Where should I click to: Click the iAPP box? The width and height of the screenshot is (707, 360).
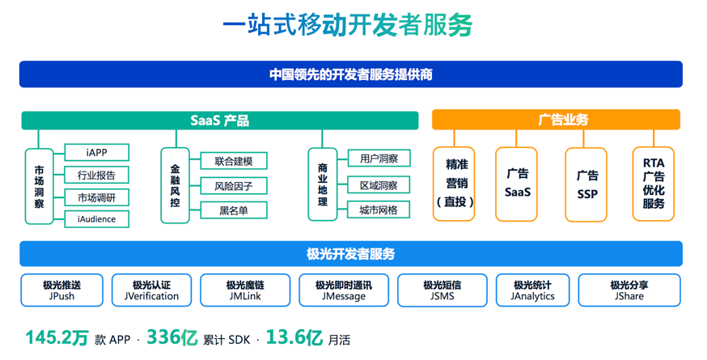click(x=96, y=153)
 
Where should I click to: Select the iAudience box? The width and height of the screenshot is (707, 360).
click(x=96, y=219)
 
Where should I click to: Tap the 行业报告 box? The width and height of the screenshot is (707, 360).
click(x=96, y=175)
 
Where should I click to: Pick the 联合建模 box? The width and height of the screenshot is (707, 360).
click(x=234, y=162)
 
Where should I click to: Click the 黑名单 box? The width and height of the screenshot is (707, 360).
click(x=234, y=210)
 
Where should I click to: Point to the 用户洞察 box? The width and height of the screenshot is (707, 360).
click(x=379, y=159)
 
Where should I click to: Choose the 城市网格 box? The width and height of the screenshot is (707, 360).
click(x=379, y=210)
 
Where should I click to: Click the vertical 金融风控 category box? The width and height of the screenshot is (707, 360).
click(x=175, y=184)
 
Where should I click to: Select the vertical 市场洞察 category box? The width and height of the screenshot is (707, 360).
click(x=39, y=187)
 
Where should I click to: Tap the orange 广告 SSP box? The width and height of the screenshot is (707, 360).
click(x=586, y=184)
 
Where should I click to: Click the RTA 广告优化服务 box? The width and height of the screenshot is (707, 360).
click(x=653, y=184)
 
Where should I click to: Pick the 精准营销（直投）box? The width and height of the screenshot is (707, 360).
click(x=454, y=184)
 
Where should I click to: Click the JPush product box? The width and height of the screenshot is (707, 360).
click(x=61, y=290)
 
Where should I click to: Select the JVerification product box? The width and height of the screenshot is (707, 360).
click(x=151, y=290)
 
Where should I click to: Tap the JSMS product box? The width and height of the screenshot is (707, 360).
click(x=442, y=290)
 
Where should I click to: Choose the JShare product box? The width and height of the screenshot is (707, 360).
click(x=629, y=290)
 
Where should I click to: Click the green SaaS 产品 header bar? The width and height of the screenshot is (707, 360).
click(x=219, y=121)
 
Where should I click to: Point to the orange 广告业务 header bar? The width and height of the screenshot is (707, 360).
click(x=556, y=120)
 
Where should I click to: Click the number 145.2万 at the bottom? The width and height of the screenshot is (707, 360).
click(x=56, y=338)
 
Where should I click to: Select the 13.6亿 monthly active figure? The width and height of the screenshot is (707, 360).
click(x=294, y=338)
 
